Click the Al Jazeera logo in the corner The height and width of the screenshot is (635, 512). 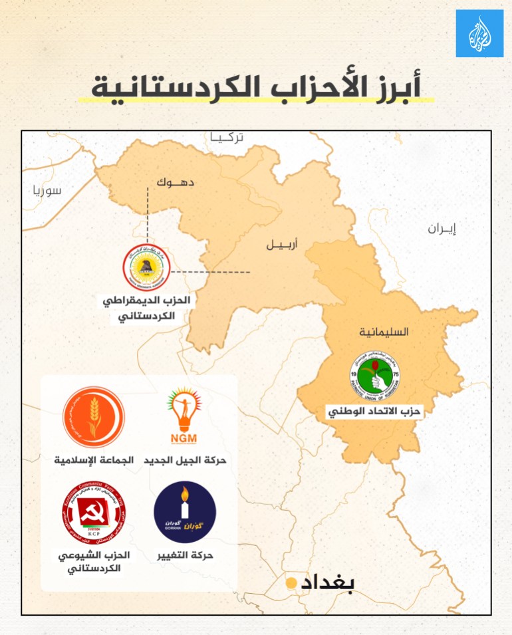coord(479,33)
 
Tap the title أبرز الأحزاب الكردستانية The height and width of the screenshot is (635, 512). coord(256,86)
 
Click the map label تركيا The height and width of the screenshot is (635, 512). coord(227,138)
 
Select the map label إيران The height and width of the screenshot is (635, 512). coord(442,229)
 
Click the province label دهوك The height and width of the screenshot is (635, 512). coord(176,181)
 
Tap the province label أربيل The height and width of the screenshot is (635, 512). coord(282,244)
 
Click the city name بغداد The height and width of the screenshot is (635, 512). coord(328,582)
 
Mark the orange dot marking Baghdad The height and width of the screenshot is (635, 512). coord(291,583)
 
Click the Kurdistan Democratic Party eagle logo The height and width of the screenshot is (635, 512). coord(146,269)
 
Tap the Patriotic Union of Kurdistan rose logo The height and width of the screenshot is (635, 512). coord(375,376)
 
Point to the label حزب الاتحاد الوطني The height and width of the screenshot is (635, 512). coord(375,412)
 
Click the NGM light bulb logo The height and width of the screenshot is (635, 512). coord(186,418)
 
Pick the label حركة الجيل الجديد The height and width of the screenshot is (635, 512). coord(186,460)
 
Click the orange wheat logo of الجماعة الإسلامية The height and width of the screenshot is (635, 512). coord(93,418)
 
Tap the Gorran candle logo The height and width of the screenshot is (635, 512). coord(185,513)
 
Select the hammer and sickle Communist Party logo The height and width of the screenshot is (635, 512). coord(93,513)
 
